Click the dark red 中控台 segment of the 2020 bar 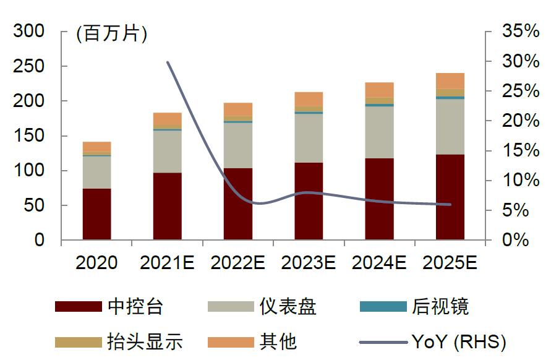click(96, 214)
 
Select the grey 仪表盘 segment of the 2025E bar click(450, 127)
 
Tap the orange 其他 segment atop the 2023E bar click(309, 99)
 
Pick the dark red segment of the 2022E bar click(238, 204)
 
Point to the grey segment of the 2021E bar click(167, 151)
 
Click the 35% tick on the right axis click(520, 31)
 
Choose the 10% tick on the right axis click(520, 181)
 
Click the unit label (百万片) click(111, 33)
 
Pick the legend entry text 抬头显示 click(145, 341)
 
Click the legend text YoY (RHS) click(458, 341)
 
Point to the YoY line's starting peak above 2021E click(168, 62)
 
